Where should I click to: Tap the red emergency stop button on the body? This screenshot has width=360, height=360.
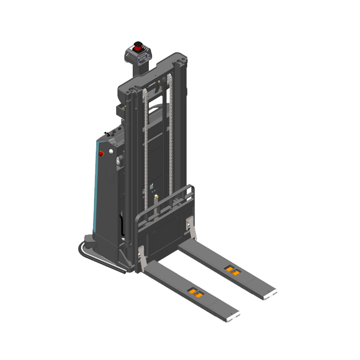pos(101,154)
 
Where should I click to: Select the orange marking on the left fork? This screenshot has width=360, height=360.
pos(197,292)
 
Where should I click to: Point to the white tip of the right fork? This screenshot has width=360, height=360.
pos(271,293)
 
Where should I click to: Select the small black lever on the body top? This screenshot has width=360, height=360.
pos(107,132)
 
